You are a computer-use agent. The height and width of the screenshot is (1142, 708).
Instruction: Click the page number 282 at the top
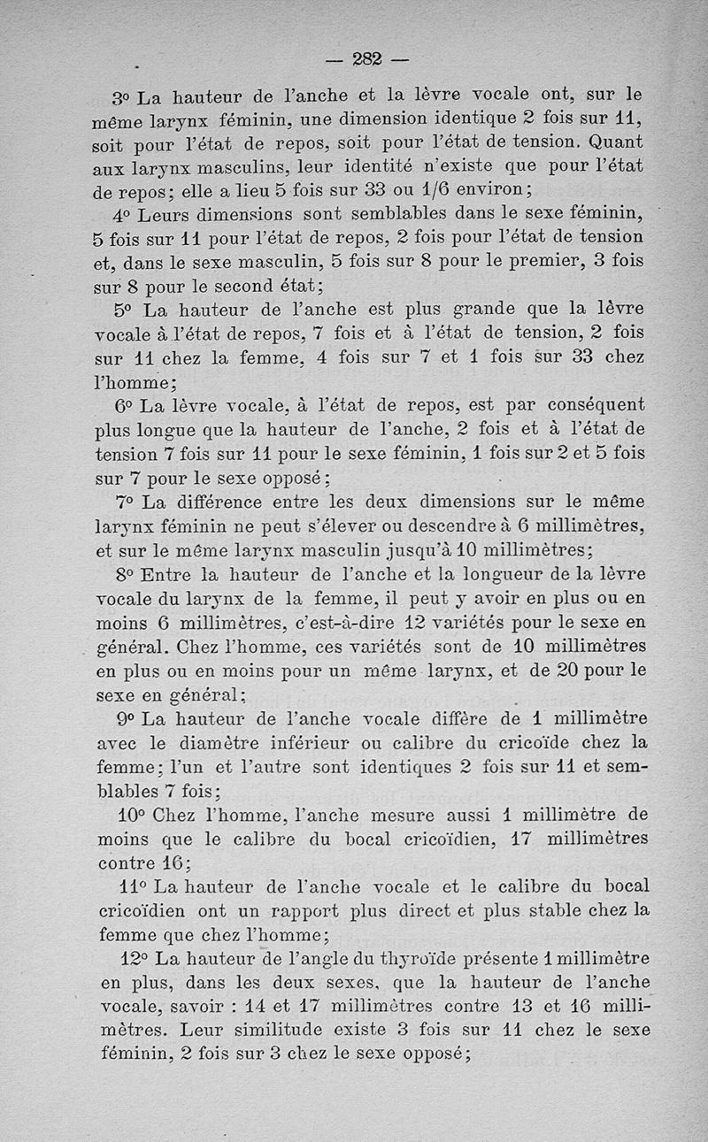coord(366,59)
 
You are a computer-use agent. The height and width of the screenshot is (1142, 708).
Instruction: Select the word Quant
coord(616,142)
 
